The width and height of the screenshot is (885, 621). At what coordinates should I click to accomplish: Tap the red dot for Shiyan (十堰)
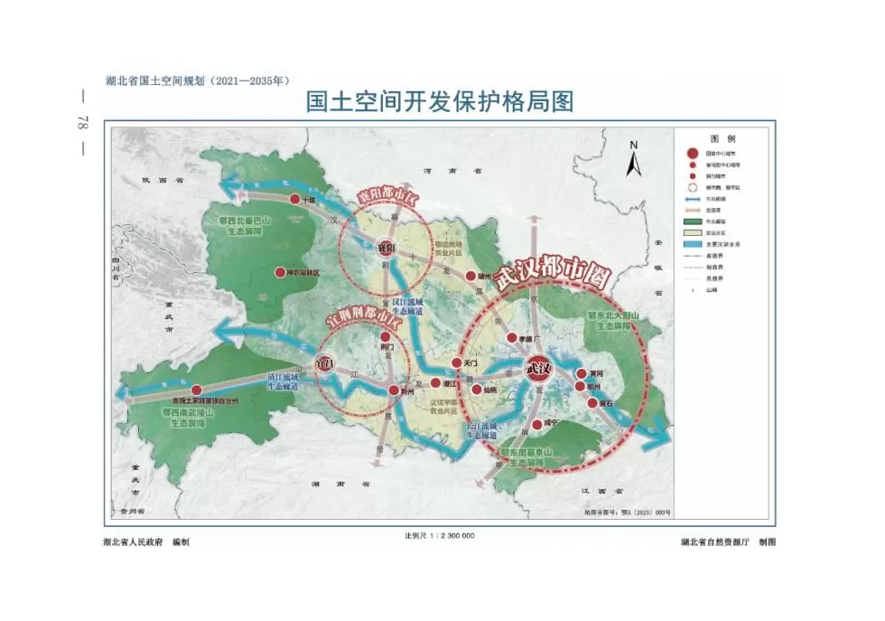point(294,199)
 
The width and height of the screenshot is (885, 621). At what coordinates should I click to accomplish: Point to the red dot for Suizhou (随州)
point(471,275)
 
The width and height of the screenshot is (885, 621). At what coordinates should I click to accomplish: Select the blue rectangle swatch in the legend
point(693,243)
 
